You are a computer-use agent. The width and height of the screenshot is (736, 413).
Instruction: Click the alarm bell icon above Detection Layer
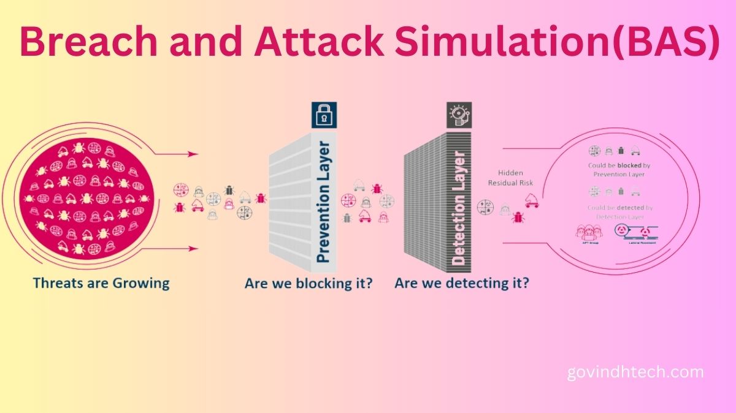click(x=458, y=115)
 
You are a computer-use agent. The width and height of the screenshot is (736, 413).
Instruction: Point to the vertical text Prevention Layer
click(x=323, y=202)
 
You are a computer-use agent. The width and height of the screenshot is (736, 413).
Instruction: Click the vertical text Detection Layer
click(x=459, y=208)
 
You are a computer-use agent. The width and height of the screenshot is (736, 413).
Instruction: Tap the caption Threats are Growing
click(x=101, y=283)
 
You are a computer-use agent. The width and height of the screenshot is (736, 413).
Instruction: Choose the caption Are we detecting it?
click(x=462, y=284)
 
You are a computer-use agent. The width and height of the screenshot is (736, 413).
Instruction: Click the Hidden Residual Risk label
click(x=510, y=178)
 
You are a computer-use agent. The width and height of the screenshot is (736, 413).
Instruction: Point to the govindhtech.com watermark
click(x=635, y=372)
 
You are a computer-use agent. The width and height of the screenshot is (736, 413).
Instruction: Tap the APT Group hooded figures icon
click(x=588, y=232)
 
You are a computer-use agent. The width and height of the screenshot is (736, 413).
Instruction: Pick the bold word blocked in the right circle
click(x=628, y=165)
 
